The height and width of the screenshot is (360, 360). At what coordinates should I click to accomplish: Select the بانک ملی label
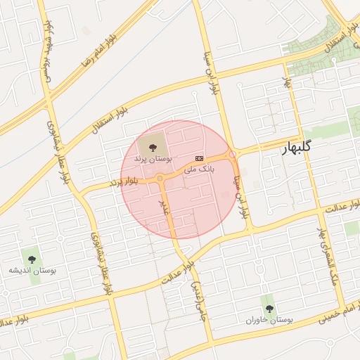[x=199, y=169]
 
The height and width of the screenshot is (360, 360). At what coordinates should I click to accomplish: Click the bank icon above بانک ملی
[x=200, y=158]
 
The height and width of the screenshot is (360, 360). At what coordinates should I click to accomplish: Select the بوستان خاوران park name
[x=269, y=320]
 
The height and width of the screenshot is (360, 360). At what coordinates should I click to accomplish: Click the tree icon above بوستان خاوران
[x=269, y=307]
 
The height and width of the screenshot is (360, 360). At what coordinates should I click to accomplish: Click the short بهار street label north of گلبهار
[x=286, y=82]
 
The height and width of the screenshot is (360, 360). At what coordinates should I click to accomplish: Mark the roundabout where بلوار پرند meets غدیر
[x=160, y=179]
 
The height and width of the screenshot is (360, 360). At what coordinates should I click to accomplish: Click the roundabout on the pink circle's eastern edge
[x=232, y=154]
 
